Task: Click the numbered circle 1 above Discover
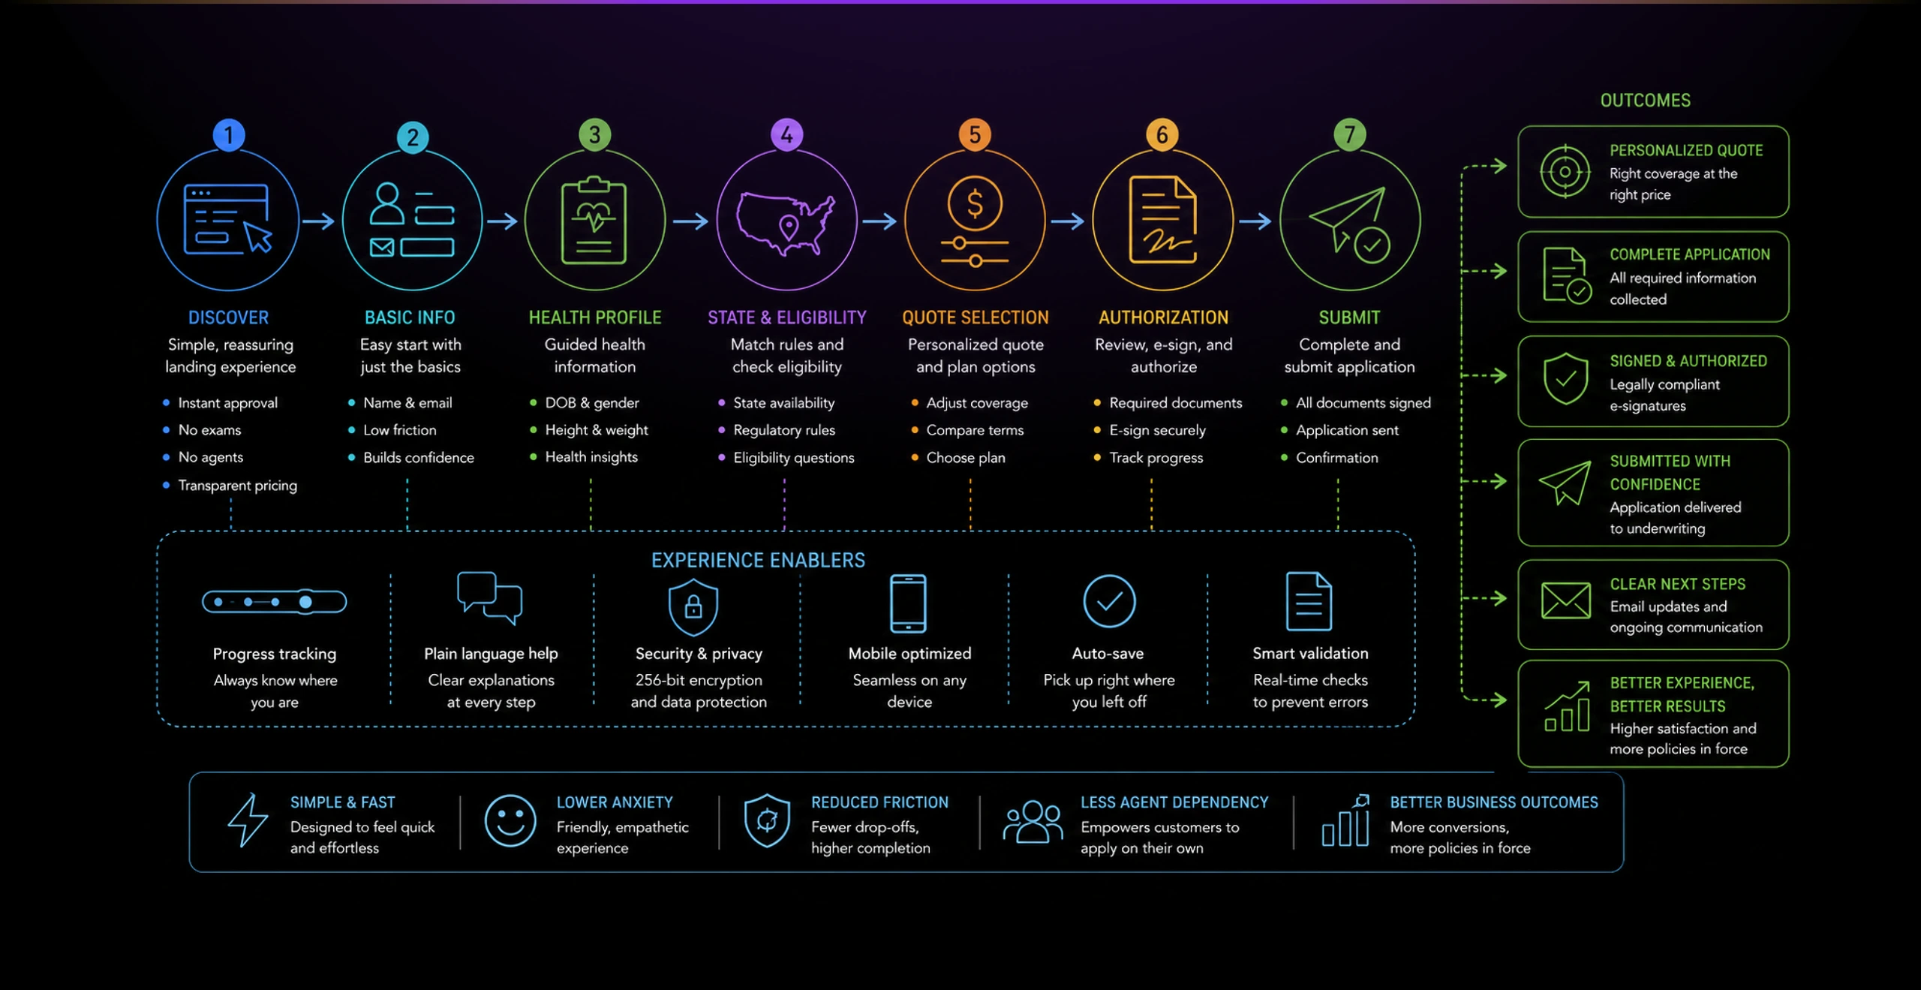tap(229, 135)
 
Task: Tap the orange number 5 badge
tap(975, 135)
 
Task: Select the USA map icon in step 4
tap(786, 224)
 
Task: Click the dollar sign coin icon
tap(975, 203)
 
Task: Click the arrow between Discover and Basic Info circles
tap(318, 221)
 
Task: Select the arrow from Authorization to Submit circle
tap(1255, 221)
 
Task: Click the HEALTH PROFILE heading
tap(595, 317)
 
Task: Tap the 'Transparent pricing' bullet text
tap(237, 486)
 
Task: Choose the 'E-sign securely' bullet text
tap(1157, 430)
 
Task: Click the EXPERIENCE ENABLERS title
tap(758, 560)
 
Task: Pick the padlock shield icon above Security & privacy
tap(693, 606)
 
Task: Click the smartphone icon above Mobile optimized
tap(908, 603)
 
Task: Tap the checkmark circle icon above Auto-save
tap(1109, 601)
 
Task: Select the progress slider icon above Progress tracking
tap(275, 601)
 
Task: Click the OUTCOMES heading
tap(1645, 101)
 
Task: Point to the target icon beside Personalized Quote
tap(1565, 172)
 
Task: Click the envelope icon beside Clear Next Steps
tap(1565, 600)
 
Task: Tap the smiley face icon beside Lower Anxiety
tap(510, 821)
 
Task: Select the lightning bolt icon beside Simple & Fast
tap(248, 820)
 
